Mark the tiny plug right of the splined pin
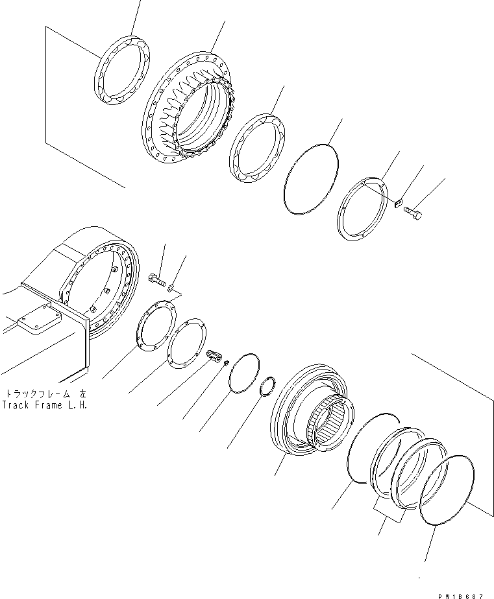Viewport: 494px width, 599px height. click(225, 364)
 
